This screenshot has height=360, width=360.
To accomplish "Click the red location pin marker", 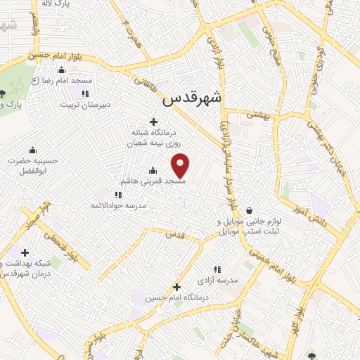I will pyautogui.click(x=181, y=165).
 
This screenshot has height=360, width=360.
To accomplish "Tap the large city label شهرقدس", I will pyautogui.click(x=191, y=99).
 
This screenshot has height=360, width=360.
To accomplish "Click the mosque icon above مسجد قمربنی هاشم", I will pyautogui.click(x=153, y=170).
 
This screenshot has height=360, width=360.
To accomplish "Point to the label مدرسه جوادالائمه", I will pyautogui.click(x=118, y=205).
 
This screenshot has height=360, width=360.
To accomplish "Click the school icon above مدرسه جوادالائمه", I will pyautogui.click(x=118, y=194).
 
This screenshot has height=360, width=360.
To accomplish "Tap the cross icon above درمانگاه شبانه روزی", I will pyautogui.click(x=153, y=122).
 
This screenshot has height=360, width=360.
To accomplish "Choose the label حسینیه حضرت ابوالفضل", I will pyautogui.click(x=32, y=165).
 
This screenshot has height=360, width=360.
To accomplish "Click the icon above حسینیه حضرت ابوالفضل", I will pyautogui.click(x=32, y=150).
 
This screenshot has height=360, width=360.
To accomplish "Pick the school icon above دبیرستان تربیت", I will pyautogui.click(x=85, y=94).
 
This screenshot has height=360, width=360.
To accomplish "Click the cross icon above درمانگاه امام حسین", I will pyautogui.click(x=176, y=287).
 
